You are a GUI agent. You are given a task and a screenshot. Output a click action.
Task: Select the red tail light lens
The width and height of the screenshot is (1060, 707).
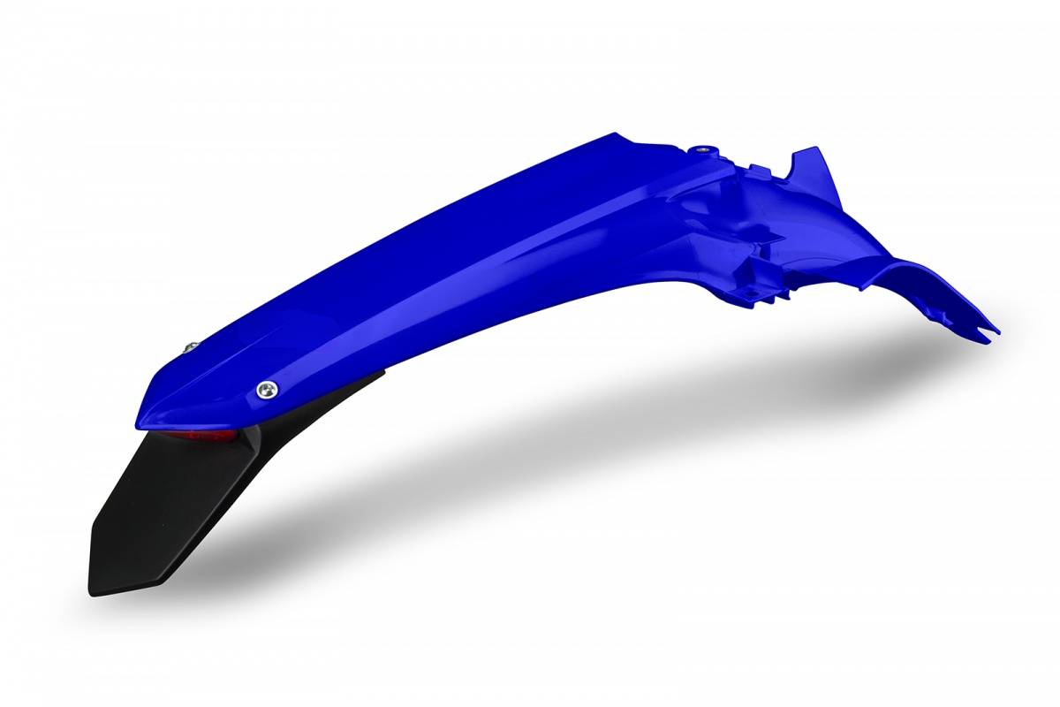click(212, 437)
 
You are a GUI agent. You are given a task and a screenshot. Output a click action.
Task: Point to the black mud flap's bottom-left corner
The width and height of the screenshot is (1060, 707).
click(92, 590)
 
